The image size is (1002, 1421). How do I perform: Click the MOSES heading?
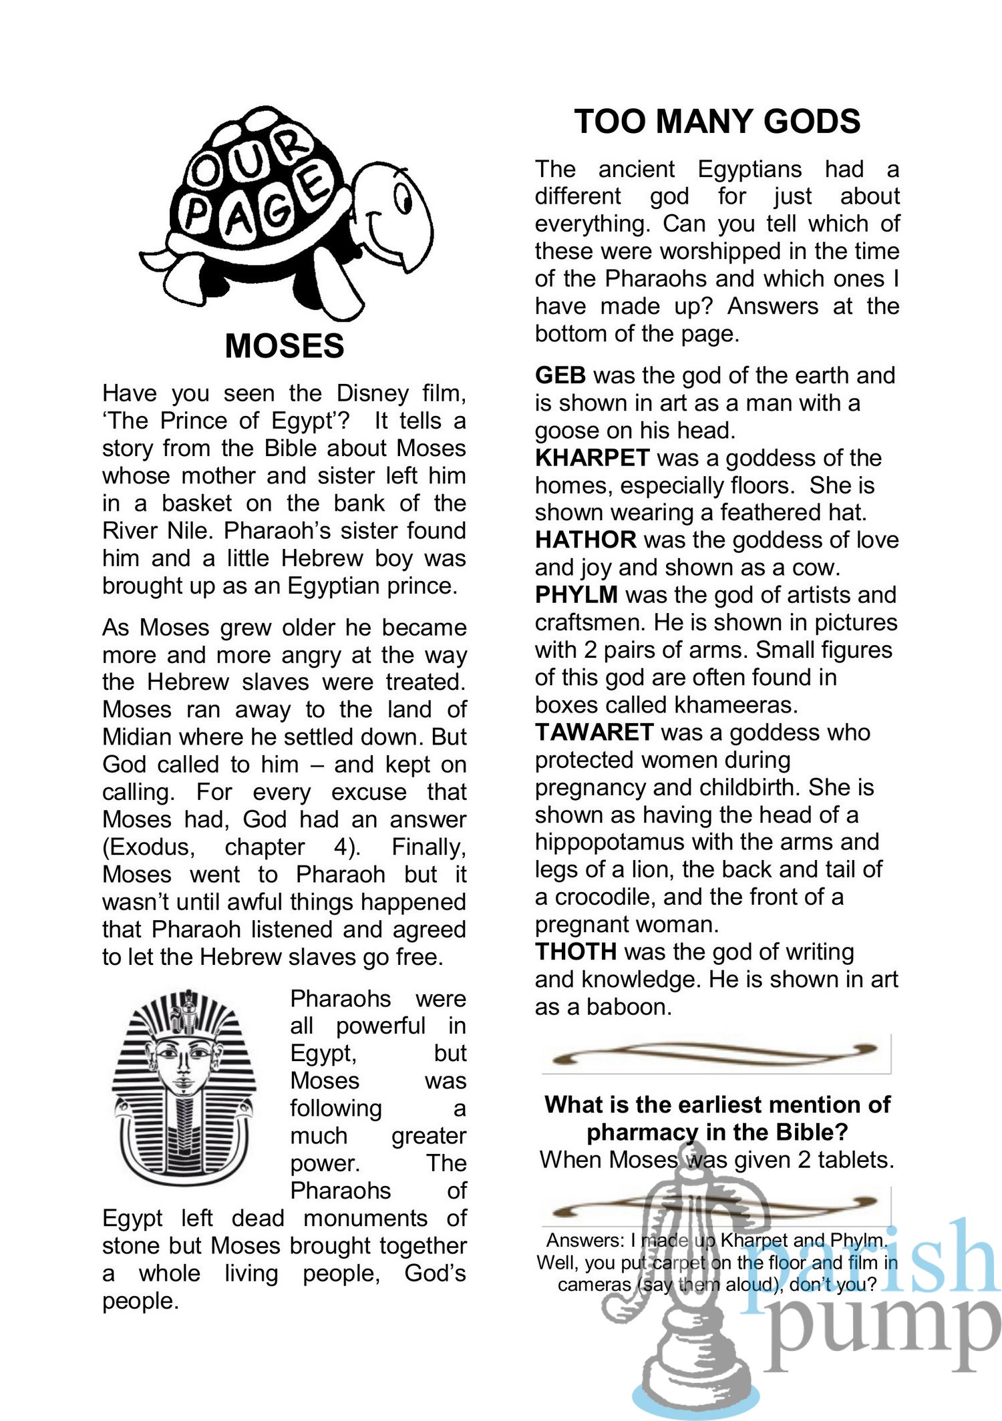click(285, 346)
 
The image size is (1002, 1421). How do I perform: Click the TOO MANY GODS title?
click(717, 122)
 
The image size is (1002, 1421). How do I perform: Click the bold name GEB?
click(560, 375)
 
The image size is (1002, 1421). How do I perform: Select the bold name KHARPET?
click(592, 458)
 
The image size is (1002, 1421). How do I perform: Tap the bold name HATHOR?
click(585, 540)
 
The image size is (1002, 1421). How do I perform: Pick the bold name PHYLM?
click(576, 594)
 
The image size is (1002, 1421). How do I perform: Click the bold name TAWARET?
click(594, 732)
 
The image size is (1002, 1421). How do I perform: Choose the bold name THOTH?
click(575, 951)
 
